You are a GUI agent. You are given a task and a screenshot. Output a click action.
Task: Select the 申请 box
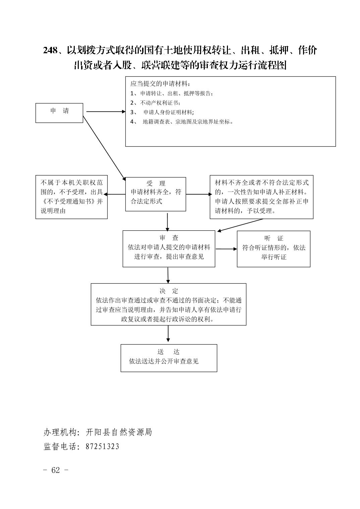(59, 113)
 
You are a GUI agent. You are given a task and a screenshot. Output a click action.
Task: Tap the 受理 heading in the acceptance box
(156, 183)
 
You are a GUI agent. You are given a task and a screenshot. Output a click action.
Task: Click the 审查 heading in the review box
(169, 238)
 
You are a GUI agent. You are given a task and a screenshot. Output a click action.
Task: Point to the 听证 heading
(274, 238)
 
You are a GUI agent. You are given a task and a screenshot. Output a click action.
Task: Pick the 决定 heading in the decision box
(169, 291)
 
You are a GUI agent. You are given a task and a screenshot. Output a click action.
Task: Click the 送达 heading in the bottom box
(169, 352)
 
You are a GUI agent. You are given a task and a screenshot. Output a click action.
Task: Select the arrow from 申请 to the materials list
(106, 112)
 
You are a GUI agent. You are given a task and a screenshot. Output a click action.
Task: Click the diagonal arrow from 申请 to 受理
(104, 148)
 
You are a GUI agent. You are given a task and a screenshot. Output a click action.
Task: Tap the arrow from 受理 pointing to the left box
(115, 194)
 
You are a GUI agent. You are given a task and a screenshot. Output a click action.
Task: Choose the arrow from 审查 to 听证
(226, 249)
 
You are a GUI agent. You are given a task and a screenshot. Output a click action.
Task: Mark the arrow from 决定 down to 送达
(168, 334)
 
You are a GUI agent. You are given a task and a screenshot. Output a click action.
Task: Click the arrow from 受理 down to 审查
(167, 222)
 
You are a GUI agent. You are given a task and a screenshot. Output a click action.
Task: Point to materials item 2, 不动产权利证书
(155, 103)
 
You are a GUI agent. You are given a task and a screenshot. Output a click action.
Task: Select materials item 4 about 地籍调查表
(182, 122)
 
